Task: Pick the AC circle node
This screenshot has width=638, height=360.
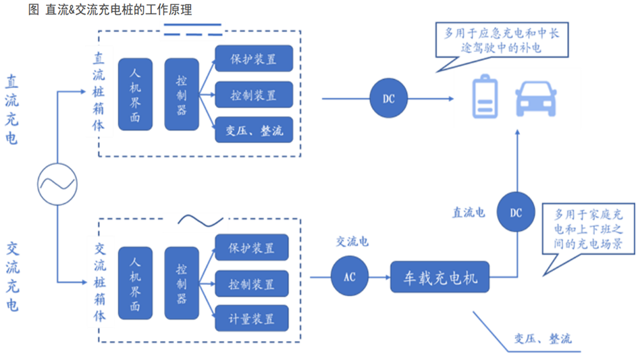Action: (350, 277)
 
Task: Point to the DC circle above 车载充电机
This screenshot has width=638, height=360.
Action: (516, 213)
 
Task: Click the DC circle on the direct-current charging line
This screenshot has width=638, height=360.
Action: (389, 99)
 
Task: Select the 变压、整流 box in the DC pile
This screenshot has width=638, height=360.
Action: (254, 130)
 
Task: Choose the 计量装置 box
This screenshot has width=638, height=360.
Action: (252, 317)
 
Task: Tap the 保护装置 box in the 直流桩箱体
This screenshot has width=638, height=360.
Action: (254, 59)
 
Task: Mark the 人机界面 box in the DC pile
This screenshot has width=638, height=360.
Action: (135, 94)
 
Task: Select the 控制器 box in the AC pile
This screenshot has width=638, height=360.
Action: (182, 283)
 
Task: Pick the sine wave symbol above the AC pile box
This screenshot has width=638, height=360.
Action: (201, 221)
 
